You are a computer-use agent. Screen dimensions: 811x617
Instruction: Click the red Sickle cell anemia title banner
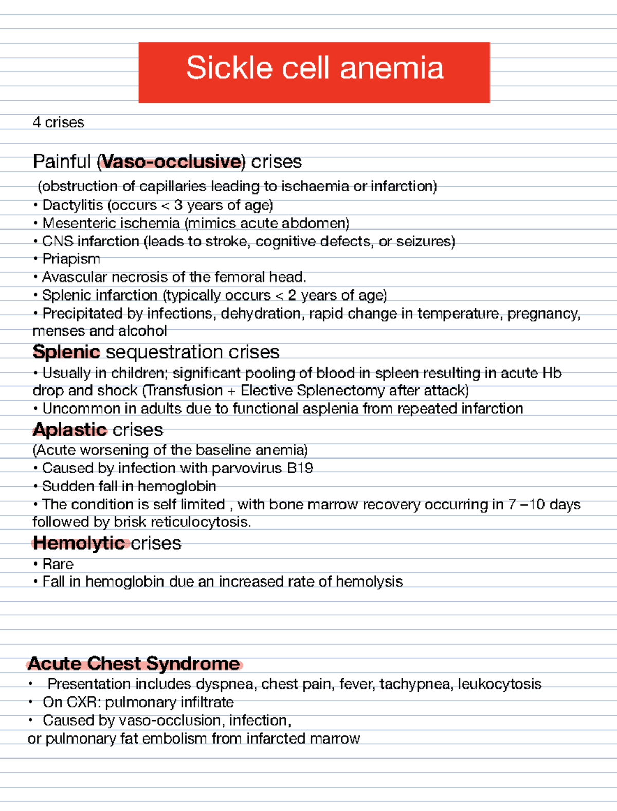[x=314, y=72]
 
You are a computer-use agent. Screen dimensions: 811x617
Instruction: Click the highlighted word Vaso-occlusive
[x=171, y=162]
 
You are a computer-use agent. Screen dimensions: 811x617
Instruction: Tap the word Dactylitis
[x=72, y=205]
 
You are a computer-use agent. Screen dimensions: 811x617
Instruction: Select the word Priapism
[x=71, y=259]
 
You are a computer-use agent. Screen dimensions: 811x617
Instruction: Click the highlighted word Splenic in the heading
[x=66, y=352]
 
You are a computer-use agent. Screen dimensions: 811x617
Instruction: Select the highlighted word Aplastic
[x=69, y=430]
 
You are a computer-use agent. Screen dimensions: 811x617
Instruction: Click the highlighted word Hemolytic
[x=78, y=543]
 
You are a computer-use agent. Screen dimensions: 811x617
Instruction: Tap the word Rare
[x=58, y=564]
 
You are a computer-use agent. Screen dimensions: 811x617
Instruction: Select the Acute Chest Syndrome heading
[x=134, y=663]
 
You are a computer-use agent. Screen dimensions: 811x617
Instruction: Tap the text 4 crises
[x=58, y=122]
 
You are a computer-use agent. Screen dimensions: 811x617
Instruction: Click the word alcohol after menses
[x=142, y=331]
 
